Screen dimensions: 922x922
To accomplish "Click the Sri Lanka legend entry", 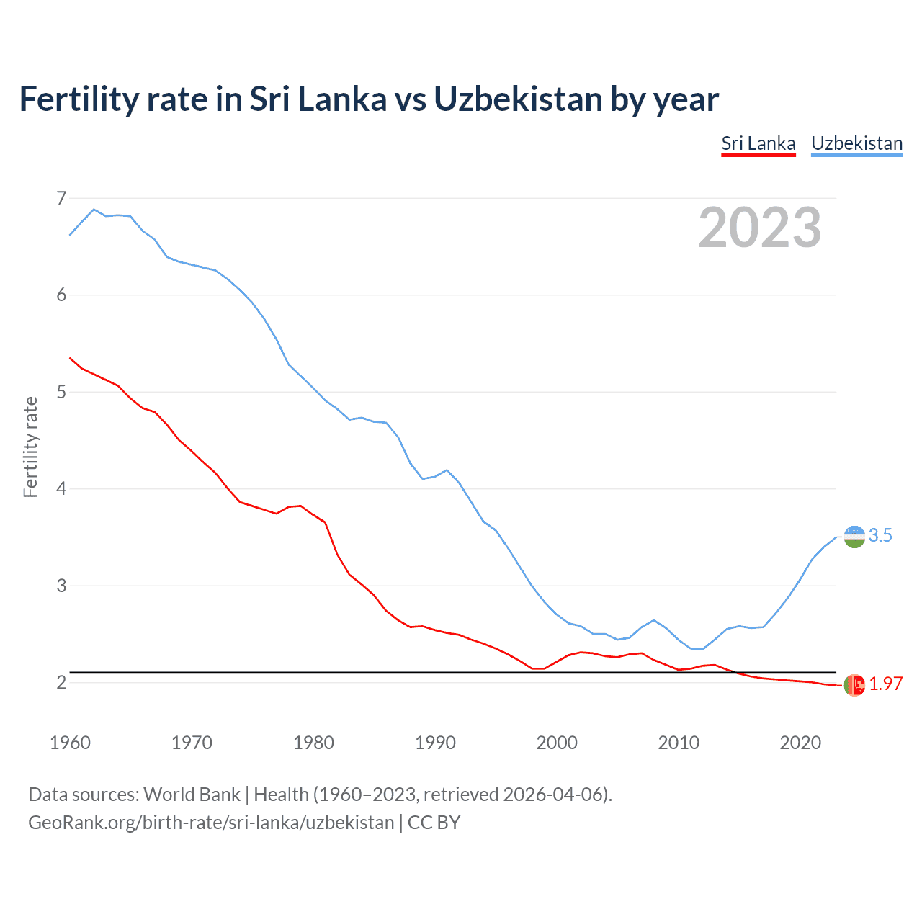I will click(758, 143).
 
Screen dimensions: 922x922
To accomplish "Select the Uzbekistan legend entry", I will click(856, 143).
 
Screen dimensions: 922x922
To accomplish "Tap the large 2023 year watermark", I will click(759, 228).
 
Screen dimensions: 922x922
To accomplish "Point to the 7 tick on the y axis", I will click(61, 198).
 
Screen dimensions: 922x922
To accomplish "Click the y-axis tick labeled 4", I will click(61, 489).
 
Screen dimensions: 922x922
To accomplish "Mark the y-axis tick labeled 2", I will click(61, 682).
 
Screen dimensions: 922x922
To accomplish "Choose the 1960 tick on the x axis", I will click(70, 743).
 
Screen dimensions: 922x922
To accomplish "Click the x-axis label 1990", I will click(435, 743).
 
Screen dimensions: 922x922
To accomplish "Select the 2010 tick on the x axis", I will click(679, 743).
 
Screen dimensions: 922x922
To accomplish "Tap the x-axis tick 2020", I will click(800, 743).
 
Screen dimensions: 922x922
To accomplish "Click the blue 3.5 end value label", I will click(880, 536).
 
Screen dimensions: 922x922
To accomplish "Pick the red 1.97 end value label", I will click(885, 684).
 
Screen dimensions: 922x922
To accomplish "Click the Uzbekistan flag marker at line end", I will click(854, 537).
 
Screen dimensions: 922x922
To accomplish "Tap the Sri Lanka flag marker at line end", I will click(854, 685).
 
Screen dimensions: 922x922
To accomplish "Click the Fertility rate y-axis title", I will click(30, 447).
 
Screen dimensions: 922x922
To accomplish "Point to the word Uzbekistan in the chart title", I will click(517, 99).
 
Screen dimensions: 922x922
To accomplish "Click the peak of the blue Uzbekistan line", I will click(94, 210).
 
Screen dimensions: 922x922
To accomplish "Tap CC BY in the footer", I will click(434, 823).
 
